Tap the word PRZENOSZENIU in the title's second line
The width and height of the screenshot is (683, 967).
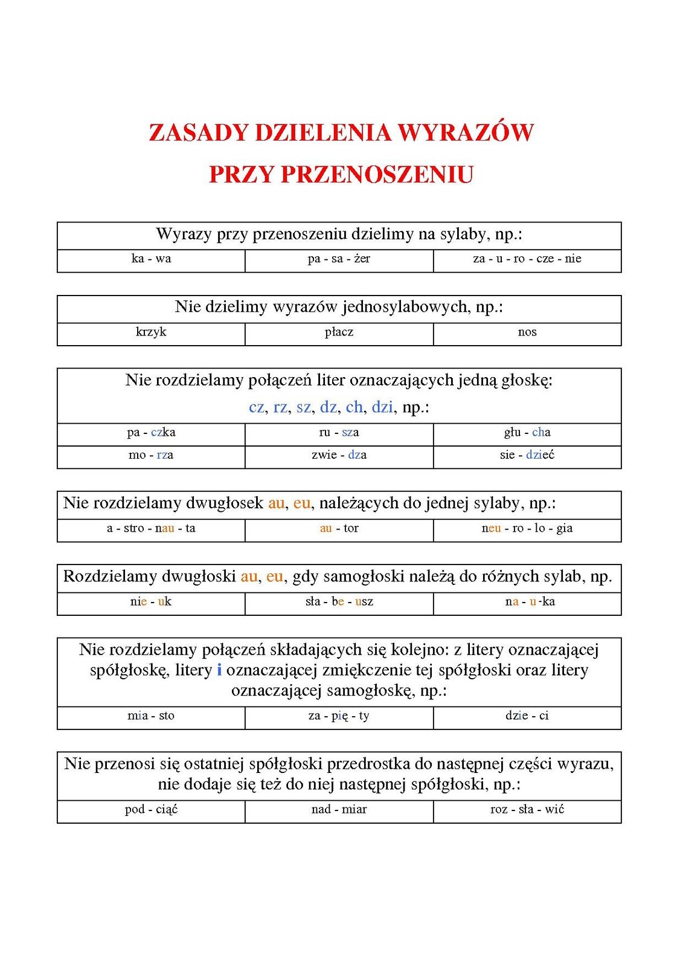(377, 175)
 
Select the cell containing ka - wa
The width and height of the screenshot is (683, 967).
(151, 259)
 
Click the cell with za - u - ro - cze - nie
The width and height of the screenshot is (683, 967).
(527, 259)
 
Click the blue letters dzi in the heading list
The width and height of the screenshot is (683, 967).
(382, 407)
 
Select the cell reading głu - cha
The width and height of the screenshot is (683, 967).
(527, 433)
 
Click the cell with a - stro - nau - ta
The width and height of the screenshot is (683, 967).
(151, 529)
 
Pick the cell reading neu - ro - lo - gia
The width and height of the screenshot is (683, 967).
(527, 529)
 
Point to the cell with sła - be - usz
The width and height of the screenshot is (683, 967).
(339, 602)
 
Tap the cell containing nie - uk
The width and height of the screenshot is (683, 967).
(151, 602)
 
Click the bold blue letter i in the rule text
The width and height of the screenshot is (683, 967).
(219, 670)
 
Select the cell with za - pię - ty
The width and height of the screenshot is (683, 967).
(339, 716)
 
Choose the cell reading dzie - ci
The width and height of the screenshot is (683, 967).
(527, 716)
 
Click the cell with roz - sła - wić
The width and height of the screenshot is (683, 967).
(527, 810)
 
